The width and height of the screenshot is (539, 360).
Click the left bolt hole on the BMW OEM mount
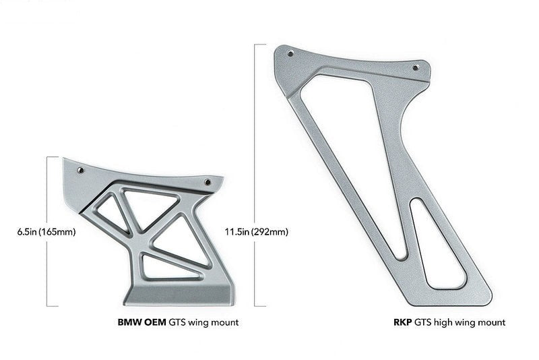(81, 171)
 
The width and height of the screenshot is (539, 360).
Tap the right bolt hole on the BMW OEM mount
(208, 182)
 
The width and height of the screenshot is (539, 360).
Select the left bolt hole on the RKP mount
(290, 55)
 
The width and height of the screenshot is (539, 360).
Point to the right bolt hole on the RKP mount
(415, 67)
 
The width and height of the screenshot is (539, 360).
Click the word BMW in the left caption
(129, 323)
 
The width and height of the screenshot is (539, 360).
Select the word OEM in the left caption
(154, 323)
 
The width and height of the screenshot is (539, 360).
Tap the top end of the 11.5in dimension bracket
(256, 44)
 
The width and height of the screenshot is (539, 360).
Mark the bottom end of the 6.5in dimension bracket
(49, 305)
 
